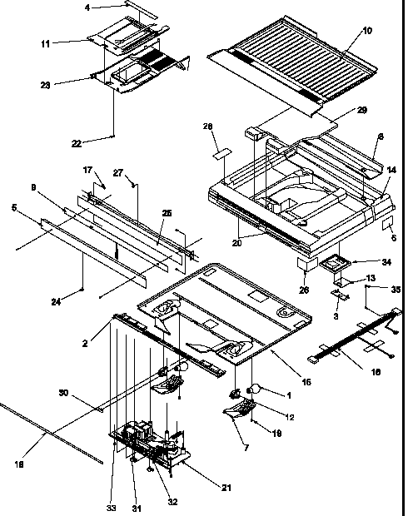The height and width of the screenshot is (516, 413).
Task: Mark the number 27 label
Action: point(118,173)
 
